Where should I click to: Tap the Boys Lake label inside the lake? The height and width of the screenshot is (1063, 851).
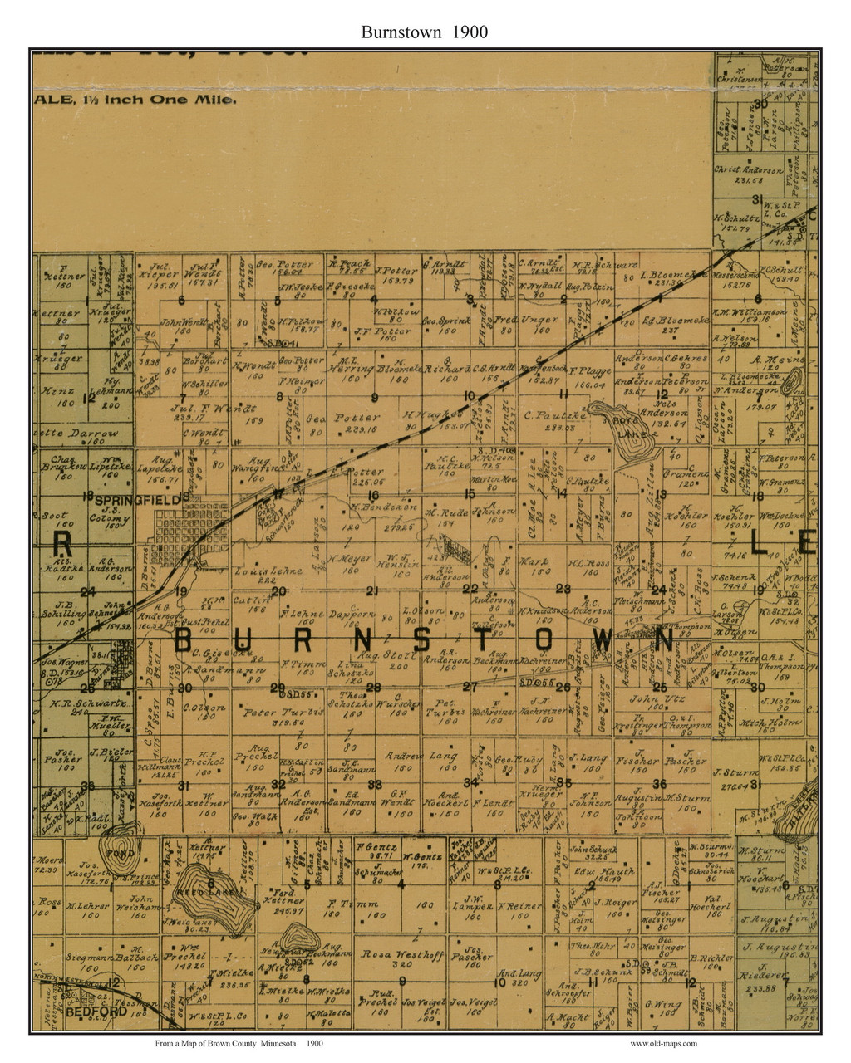[x=635, y=422]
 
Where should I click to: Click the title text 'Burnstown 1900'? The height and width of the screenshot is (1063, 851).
[x=424, y=32]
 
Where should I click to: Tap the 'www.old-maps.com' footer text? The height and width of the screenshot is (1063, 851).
[x=663, y=1043]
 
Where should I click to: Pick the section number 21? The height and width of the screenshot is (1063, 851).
[x=373, y=590]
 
